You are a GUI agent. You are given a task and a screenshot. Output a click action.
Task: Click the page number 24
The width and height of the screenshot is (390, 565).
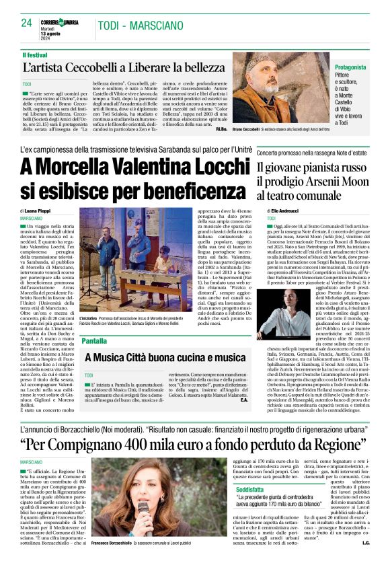click(x=27, y=23)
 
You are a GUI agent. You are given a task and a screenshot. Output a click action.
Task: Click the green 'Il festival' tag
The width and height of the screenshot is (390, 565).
click(x=35, y=54)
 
